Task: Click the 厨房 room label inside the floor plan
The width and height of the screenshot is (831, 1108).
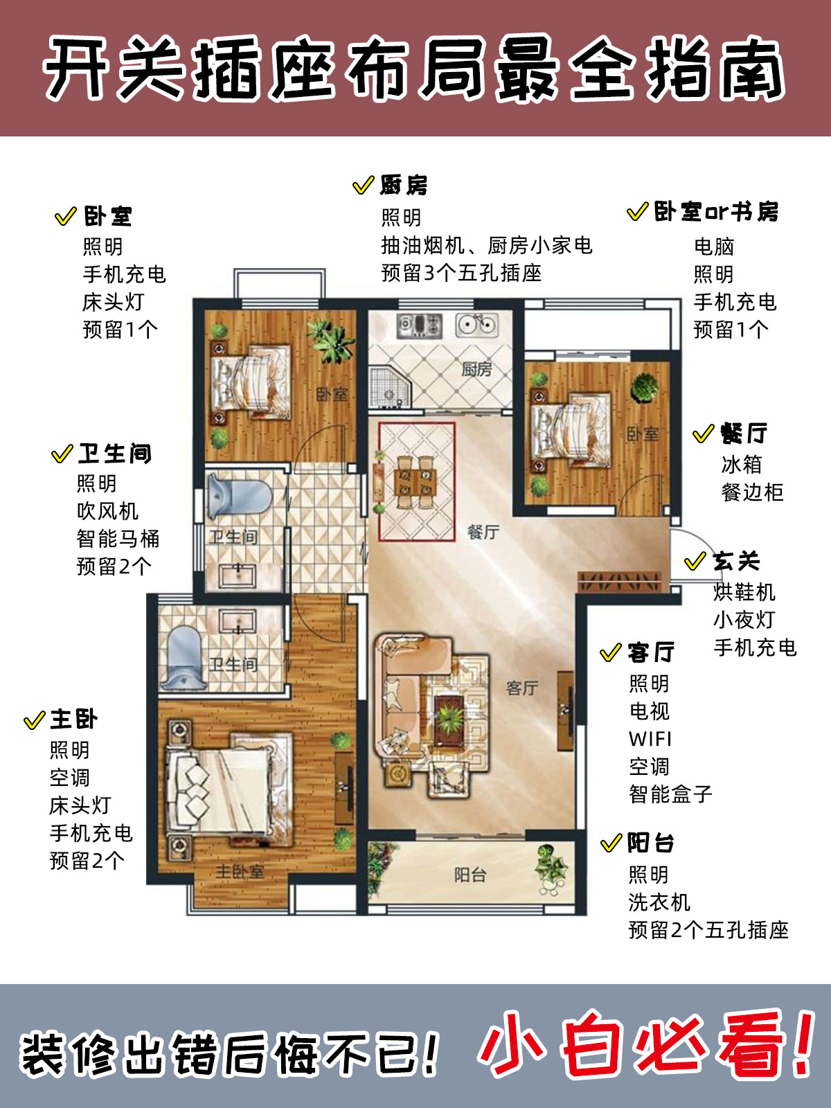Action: [x=476, y=369]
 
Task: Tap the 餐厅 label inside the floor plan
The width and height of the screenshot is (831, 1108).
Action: [x=483, y=532]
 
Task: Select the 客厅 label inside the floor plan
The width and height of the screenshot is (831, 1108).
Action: [x=521, y=688]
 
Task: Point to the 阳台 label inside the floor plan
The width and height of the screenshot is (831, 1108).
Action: [x=470, y=875]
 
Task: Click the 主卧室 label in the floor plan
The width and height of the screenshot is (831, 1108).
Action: [x=240, y=871]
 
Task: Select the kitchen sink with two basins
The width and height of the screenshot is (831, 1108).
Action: [x=477, y=325]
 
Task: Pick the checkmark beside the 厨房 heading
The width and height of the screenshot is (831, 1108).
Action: [x=364, y=186]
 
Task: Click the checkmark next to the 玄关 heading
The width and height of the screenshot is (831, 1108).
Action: [x=695, y=561]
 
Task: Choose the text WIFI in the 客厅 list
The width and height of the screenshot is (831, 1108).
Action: [x=650, y=739]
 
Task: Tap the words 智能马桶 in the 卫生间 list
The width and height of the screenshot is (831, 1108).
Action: [x=118, y=539]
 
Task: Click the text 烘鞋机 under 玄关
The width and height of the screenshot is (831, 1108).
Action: [x=744, y=592]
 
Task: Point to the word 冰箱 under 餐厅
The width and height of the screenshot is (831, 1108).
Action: [x=742, y=464]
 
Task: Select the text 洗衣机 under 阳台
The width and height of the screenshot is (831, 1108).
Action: [x=659, y=902]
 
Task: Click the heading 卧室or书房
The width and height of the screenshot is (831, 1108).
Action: [x=716, y=212]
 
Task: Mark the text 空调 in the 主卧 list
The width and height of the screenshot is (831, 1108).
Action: [x=70, y=778]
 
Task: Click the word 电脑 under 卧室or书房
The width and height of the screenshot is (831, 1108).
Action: [x=714, y=247]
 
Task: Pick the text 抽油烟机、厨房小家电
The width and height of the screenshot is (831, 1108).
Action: [x=487, y=245]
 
